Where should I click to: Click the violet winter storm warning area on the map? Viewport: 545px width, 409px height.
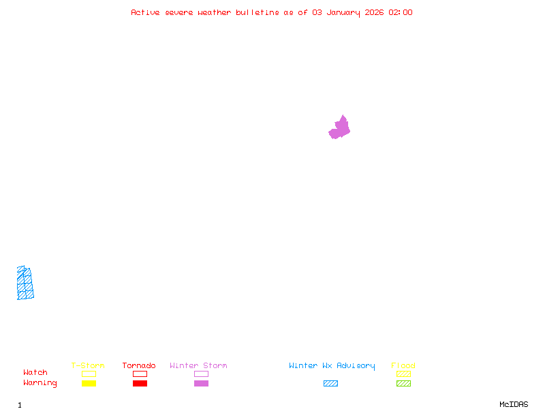pyautogui.click(x=339, y=128)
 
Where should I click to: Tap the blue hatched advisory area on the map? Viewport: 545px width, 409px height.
pyautogui.click(x=25, y=284)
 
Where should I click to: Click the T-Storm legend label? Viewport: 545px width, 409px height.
pyautogui.click(x=88, y=365)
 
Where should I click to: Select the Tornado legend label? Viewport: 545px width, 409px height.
pyautogui.click(x=139, y=365)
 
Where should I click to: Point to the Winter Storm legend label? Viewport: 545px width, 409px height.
pyautogui.click(x=198, y=365)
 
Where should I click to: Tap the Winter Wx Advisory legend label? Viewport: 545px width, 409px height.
pyautogui.click(x=332, y=365)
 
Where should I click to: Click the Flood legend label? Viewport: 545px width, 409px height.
pyautogui.click(x=403, y=365)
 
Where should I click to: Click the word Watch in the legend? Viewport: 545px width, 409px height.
pyautogui.click(x=35, y=373)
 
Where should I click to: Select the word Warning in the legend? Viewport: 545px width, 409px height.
pyautogui.click(x=40, y=383)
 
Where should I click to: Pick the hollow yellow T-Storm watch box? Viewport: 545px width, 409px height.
pyautogui.click(x=89, y=374)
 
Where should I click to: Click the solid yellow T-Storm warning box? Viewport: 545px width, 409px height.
pyautogui.click(x=89, y=383)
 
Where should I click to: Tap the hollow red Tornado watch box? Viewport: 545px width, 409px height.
pyautogui.click(x=140, y=374)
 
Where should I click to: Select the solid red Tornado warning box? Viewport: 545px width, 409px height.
pyautogui.click(x=140, y=383)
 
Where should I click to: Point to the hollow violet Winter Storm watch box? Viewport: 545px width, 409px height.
pyautogui.click(x=201, y=374)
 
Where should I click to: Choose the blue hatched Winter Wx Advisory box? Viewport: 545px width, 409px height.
pyautogui.click(x=330, y=383)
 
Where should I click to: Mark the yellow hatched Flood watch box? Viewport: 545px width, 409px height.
pyautogui.click(x=403, y=374)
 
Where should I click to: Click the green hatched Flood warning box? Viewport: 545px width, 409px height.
pyautogui.click(x=403, y=383)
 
